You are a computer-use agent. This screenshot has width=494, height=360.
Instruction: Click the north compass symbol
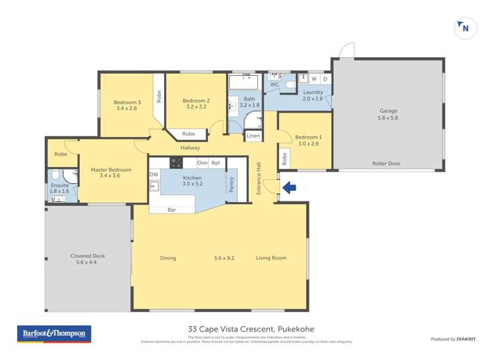click(465, 28)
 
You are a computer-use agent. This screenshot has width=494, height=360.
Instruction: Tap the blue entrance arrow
click(289, 188)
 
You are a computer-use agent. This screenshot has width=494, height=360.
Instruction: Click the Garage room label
click(388, 111)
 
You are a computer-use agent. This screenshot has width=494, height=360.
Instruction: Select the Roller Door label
click(387, 164)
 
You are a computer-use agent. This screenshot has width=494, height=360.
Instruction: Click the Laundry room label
click(313, 92)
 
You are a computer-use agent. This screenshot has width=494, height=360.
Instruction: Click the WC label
click(275, 85)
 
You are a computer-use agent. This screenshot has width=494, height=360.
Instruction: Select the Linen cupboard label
click(253, 136)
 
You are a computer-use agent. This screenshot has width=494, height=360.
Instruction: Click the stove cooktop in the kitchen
click(176, 163)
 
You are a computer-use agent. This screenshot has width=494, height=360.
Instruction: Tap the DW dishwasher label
click(153, 174)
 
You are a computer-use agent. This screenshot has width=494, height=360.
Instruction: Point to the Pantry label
click(231, 184)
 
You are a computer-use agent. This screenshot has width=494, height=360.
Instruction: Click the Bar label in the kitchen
click(171, 210)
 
